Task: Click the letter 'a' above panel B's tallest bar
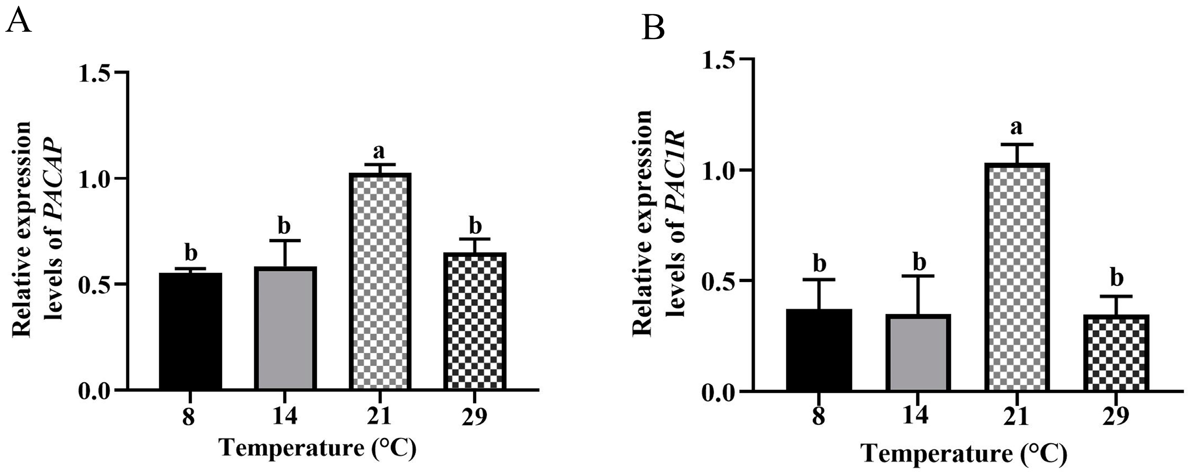[x=1016, y=127]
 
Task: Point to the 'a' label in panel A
[x=380, y=151]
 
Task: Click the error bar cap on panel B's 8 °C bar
[x=819, y=280]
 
